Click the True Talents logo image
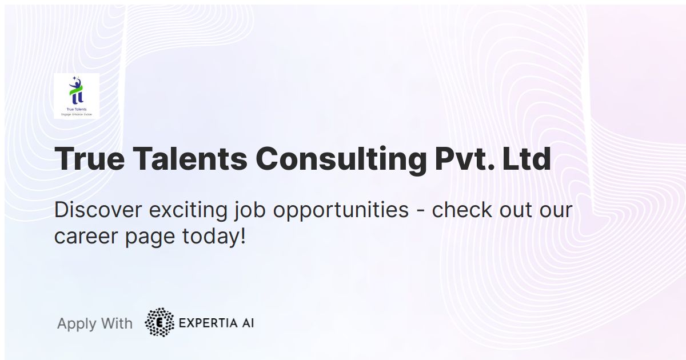coord(77,96)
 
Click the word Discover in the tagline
coord(98,210)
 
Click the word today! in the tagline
coord(214,237)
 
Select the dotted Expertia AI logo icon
coord(159,322)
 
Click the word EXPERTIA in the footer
coord(205,323)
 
